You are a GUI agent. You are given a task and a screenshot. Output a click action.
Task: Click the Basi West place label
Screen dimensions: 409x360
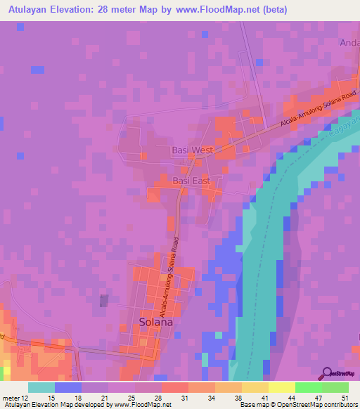192,150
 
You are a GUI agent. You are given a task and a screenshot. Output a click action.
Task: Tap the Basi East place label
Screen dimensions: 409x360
192,181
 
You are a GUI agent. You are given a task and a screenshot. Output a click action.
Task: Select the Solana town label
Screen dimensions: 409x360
152,323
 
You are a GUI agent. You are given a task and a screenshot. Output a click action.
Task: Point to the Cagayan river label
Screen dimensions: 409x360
340,129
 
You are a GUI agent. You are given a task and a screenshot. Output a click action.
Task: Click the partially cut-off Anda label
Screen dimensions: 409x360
349,43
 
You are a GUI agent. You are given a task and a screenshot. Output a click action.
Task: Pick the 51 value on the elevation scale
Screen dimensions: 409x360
343,398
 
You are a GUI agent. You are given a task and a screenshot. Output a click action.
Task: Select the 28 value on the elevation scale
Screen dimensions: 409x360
160,398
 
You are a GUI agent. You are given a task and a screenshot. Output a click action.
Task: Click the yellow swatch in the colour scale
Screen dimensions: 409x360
281,387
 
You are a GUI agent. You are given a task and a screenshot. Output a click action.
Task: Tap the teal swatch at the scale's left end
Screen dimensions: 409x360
41,387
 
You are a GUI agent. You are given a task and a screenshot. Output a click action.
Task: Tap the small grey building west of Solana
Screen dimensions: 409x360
104,300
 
